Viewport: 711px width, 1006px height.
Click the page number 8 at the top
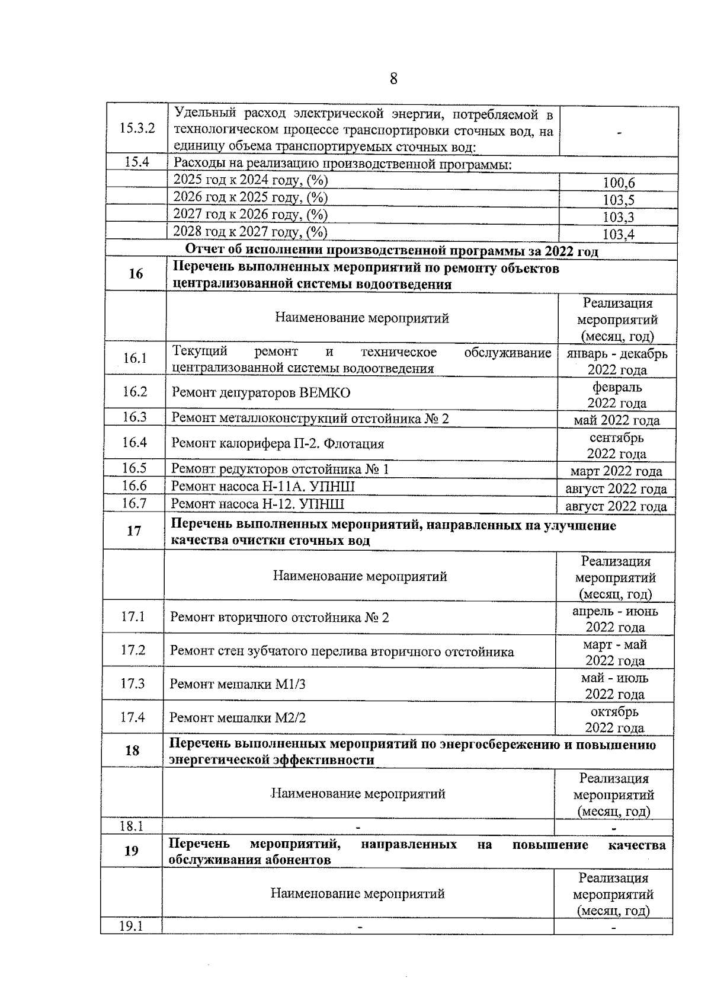pyautogui.click(x=393, y=79)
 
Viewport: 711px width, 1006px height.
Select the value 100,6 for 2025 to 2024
pyautogui.click(x=618, y=183)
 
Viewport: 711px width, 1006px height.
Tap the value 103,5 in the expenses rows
pyautogui.click(x=618, y=200)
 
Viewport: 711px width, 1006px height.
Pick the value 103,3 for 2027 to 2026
pyautogui.click(x=618, y=217)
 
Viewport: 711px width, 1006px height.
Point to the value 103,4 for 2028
pyautogui.click(x=618, y=234)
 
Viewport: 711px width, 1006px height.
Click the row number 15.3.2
pyautogui.click(x=137, y=128)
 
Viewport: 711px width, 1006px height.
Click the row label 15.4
pyautogui.click(x=137, y=162)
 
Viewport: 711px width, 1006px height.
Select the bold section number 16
pyautogui.click(x=136, y=274)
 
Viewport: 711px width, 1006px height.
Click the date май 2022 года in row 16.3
pyautogui.click(x=616, y=421)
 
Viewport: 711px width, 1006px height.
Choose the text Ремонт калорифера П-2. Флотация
pyautogui.click(x=277, y=444)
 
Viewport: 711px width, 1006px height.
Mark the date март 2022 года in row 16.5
pyautogui.click(x=616, y=472)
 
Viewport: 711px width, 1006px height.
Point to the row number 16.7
pyautogui.click(x=134, y=504)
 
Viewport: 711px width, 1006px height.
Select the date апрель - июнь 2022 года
pyautogui.click(x=615, y=619)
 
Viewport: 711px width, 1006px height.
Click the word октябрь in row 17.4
pyautogui.click(x=614, y=711)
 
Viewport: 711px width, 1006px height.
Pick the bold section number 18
pyautogui.click(x=132, y=750)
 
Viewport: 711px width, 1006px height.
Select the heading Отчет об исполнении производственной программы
pyautogui.click(x=391, y=251)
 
